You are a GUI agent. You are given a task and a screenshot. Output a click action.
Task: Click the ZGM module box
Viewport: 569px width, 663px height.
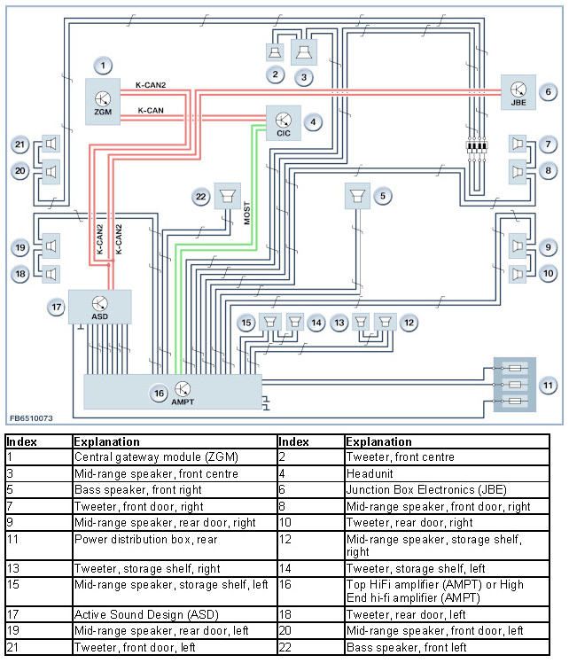tap(103, 101)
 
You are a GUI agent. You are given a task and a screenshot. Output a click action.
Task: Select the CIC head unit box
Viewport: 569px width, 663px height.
tap(284, 123)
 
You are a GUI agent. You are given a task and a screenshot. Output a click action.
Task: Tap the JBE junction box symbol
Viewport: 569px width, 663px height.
tap(518, 92)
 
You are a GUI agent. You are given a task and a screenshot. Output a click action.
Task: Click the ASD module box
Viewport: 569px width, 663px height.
tap(100, 307)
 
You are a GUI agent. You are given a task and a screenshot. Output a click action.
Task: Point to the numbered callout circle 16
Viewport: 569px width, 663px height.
tap(159, 394)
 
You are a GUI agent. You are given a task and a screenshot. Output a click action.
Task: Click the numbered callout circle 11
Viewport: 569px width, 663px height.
tap(548, 386)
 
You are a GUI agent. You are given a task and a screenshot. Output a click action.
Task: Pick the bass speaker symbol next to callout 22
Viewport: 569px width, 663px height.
tap(228, 196)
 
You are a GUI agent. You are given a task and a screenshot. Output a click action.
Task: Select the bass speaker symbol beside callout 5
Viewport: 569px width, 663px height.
tap(358, 196)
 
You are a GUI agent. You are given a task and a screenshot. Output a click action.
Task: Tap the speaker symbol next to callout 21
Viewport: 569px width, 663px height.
tap(51, 144)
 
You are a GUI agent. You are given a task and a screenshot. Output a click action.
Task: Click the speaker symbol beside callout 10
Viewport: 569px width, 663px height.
tap(518, 275)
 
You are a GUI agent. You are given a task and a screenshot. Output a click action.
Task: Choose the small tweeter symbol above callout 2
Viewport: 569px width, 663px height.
tap(275, 52)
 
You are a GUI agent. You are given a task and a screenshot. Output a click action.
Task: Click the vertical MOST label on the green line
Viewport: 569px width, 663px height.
tap(247, 213)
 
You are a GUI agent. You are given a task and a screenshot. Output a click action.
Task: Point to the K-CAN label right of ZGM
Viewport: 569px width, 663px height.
tap(151, 111)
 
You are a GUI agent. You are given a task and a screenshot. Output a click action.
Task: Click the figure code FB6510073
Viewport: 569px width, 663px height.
tap(31, 418)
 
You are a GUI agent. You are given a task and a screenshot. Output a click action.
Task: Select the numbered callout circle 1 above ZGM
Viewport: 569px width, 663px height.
tap(103, 66)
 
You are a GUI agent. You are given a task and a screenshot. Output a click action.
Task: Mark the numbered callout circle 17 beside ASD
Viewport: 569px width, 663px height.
tap(56, 308)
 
